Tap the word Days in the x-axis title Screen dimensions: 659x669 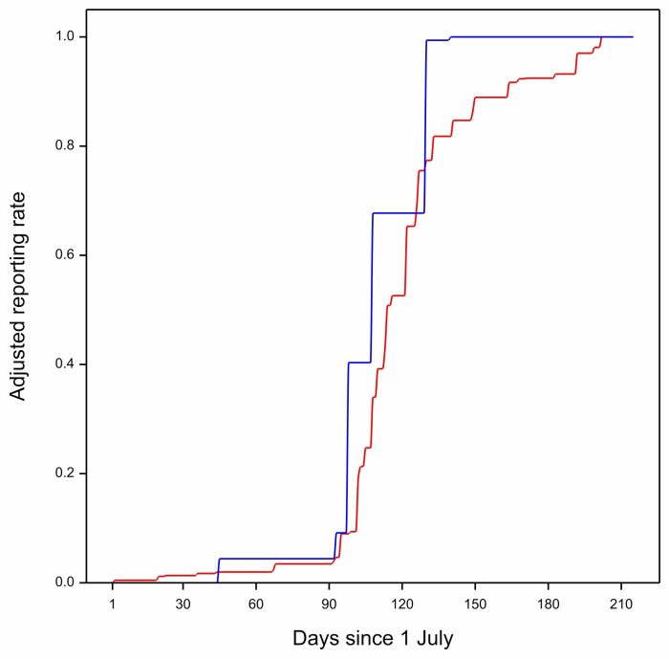coord(314,638)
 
